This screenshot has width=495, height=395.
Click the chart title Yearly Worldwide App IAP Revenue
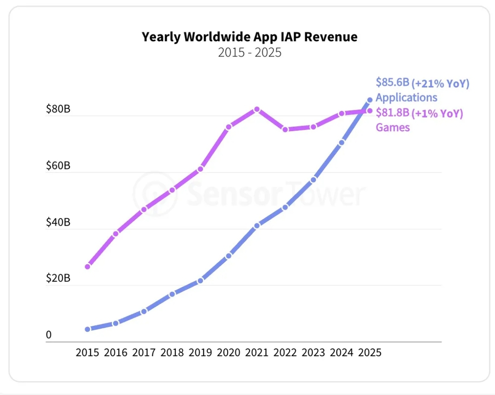tap(249, 37)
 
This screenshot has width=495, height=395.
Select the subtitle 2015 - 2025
tap(249, 52)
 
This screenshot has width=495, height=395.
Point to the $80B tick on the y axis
tap(58, 109)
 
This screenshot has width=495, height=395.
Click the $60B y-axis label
tap(58, 165)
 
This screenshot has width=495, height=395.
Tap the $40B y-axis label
tap(58, 222)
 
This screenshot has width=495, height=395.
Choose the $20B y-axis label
tap(58, 278)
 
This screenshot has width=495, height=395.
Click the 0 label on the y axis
tap(49, 335)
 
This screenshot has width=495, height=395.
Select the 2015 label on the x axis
tap(88, 352)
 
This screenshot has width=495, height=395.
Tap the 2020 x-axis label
tap(228, 352)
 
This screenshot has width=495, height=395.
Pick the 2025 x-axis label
tap(369, 352)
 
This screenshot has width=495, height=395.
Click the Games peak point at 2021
tap(257, 109)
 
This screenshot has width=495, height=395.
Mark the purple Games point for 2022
tap(285, 129)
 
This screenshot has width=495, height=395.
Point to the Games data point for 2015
tap(88, 266)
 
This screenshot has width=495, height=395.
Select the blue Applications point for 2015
tap(88, 329)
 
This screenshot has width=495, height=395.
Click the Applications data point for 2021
tap(257, 225)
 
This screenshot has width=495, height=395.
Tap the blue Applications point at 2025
tap(369, 100)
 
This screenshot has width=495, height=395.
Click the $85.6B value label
tap(393, 82)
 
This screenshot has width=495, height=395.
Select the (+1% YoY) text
tap(438, 113)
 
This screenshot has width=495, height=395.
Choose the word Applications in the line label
tap(406, 98)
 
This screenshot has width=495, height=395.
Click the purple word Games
tap(393, 128)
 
